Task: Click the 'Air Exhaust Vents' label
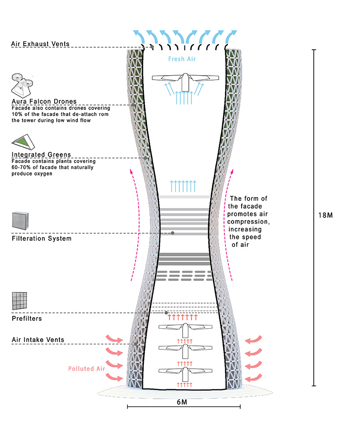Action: coord(40,44)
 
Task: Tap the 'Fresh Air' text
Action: coord(182,59)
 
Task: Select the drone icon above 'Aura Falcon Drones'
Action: coord(22,85)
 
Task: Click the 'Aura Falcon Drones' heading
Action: coord(44,102)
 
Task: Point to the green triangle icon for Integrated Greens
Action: coord(23,142)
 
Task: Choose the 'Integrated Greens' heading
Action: coord(41,154)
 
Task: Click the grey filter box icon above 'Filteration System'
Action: coord(20,221)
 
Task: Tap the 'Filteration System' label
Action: coord(42,238)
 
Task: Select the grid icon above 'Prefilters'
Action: coord(19,301)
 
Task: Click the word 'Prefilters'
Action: coord(27,319)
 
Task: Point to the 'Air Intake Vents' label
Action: coord(38,340)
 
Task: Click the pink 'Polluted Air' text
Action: coord(87,369)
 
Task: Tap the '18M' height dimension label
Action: coord(326,215)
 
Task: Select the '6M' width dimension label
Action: coord(182,403)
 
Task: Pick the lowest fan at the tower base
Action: coord(185,374)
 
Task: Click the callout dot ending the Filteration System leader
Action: coord(173,233)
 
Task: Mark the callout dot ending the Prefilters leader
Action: coord(166,313)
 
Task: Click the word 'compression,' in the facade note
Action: coord(249,222)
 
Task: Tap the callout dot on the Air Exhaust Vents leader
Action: coord(152,47)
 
